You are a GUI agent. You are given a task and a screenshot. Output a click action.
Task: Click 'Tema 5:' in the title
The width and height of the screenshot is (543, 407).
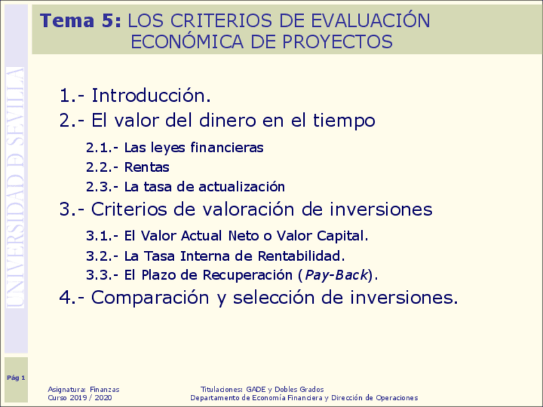(80, 21)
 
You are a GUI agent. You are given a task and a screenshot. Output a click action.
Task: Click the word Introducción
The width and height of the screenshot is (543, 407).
(151, 96)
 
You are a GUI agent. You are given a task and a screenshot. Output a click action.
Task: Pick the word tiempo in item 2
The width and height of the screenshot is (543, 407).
(344, 120)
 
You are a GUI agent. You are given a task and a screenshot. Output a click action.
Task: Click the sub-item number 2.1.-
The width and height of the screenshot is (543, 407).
(102, 148)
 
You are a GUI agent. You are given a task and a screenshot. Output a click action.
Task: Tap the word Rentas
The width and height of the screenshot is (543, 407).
(147, 168)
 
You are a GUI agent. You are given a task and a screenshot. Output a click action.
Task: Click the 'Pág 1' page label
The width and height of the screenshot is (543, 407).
(16, 378)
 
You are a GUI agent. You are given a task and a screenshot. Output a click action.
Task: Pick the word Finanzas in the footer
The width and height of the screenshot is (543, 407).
(104, 389)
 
